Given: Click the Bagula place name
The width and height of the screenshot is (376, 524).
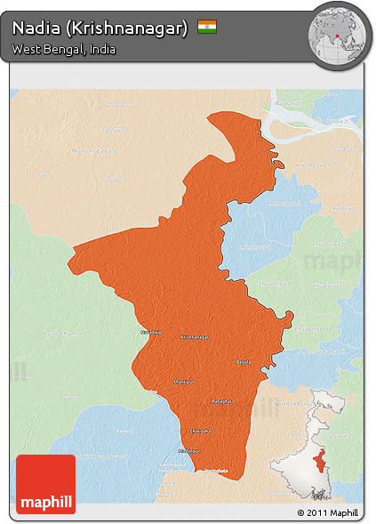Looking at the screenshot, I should [x=243, y=362].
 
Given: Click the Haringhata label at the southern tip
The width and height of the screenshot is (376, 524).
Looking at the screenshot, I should [x=217, y=472].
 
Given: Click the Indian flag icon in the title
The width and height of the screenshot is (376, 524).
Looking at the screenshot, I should [x=207, y=27].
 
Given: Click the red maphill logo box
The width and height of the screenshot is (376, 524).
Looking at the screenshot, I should [x=45, y=483].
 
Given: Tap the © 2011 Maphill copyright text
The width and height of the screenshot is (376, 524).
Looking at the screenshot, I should [x=328, y=513].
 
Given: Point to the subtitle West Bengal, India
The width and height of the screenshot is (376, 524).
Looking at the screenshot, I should [x=63, y=50].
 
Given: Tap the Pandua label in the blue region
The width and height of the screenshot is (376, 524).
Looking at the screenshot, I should [x=123, y=431].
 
